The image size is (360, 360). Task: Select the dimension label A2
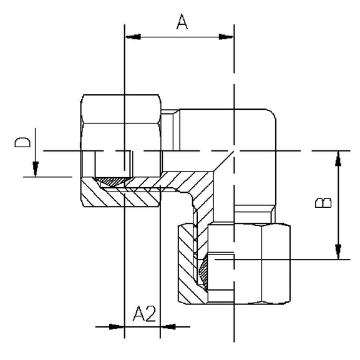coord(144,314)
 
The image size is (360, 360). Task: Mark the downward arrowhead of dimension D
coord(36,170)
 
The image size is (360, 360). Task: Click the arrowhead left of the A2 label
coord(118,326)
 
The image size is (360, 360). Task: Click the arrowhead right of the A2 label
coord(167,326)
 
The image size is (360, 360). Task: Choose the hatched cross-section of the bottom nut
coord(187,265)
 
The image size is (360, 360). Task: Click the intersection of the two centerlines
coord(234,151)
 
